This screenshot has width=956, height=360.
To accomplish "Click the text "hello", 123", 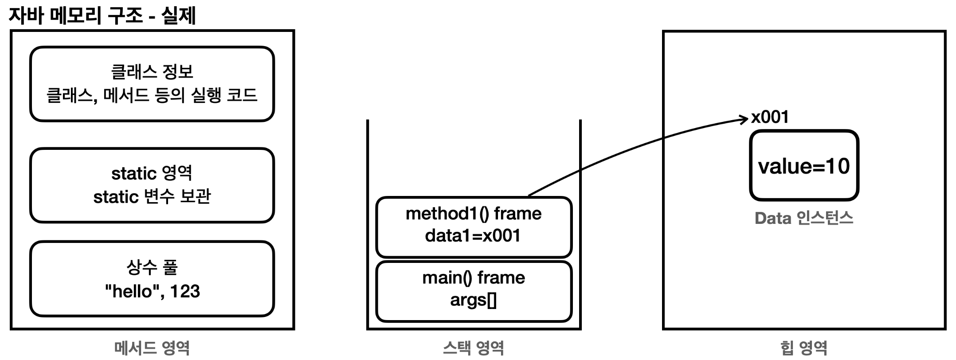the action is point(153,292).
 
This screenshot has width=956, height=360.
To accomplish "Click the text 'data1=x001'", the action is point(473,235).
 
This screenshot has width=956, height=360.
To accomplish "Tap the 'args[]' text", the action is point(474,301).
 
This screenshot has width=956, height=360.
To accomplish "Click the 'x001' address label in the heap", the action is point(770,117).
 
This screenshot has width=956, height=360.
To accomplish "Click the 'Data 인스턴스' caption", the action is point(804,218).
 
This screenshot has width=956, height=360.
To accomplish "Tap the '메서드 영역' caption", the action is point(152,348).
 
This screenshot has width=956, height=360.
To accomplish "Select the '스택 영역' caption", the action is point(474,348).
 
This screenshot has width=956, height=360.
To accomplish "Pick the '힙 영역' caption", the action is point(804,348).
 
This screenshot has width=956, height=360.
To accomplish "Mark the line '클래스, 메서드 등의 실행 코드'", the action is point(152,95).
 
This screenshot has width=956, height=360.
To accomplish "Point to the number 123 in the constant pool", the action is point(185,291).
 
